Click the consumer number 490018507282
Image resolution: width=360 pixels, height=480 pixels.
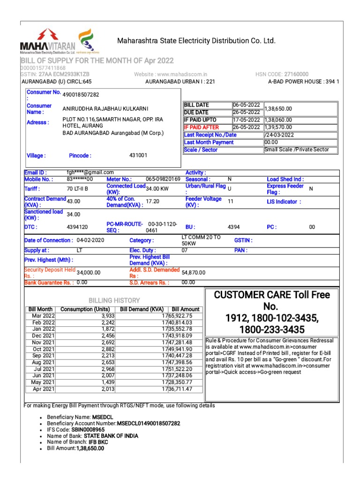tap(81, 94)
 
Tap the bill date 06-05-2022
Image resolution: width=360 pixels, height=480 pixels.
tap(245, 105)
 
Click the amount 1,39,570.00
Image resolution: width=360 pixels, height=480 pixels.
tap(278, 127)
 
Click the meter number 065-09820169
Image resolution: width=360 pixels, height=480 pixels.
tap(163, 179)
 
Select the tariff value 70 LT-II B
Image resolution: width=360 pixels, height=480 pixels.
tap(78, 188)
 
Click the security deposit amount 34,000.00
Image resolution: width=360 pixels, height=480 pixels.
tap(89, 272)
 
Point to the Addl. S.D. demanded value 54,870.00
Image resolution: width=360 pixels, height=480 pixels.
tap(194, 272)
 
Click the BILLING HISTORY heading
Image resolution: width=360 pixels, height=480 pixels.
tap(114, 300)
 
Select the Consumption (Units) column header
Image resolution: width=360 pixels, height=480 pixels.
tap(85, 309)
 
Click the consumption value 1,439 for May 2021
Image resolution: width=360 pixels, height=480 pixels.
tap(101, 382)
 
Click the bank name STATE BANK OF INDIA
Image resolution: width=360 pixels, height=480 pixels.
tap(111, 436)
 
